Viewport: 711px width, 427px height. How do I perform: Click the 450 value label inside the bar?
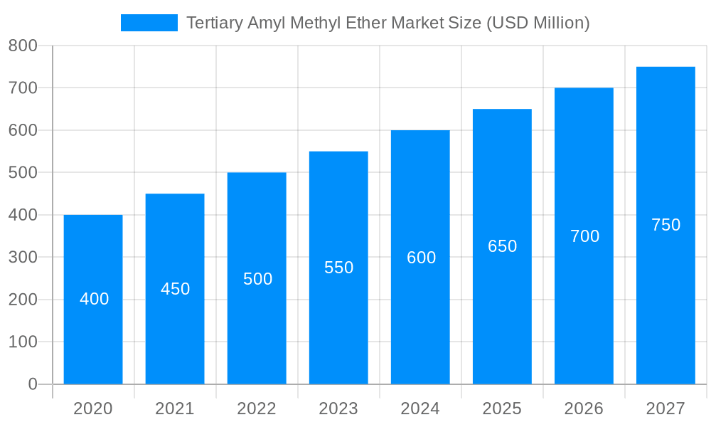coord(175,289)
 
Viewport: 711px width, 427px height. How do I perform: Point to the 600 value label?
coord(421,258)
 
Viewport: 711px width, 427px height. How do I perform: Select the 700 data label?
coord(584,236)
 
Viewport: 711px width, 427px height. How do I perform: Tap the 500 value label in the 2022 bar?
coord(257,279)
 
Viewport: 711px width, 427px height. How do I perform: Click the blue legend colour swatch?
coord(149,23)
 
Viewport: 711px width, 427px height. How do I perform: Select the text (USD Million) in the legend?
coord(538,23)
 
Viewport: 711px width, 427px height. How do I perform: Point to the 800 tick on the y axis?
coord(23,46)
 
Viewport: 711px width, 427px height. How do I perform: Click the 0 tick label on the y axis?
coord(33,384)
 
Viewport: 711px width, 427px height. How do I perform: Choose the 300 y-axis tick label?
coord(23,257)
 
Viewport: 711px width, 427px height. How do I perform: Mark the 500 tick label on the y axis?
coord(23,172)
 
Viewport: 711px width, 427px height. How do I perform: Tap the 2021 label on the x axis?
coord(175,408)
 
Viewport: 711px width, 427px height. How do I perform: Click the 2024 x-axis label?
coord(420,408)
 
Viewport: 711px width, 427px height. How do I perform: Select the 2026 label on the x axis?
coord(584,408)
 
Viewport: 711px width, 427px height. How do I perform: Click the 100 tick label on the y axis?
coord(23,342)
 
